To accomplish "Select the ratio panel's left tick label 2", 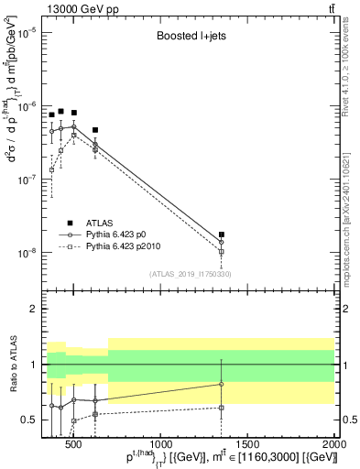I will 32,309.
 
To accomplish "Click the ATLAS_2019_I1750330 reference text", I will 190,274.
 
